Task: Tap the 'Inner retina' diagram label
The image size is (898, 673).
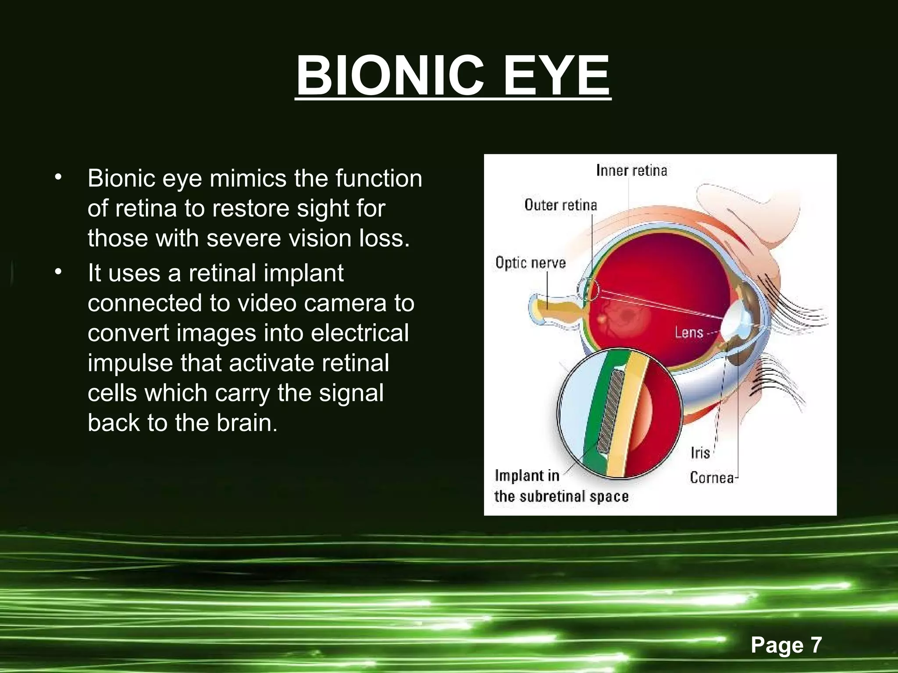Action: click(631, 170)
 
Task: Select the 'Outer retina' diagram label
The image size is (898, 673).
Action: click(560, 205)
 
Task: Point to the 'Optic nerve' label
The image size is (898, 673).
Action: click(531, 262)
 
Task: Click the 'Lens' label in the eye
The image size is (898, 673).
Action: click(689, 333)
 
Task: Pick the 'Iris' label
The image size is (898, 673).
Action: click(700, 453)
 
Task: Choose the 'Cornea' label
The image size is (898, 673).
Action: click(712, 477)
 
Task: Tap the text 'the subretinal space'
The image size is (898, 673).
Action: click(561, 496)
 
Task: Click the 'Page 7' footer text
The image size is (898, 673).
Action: click(786, 645)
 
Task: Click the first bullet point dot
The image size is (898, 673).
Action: click(58, 178)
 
